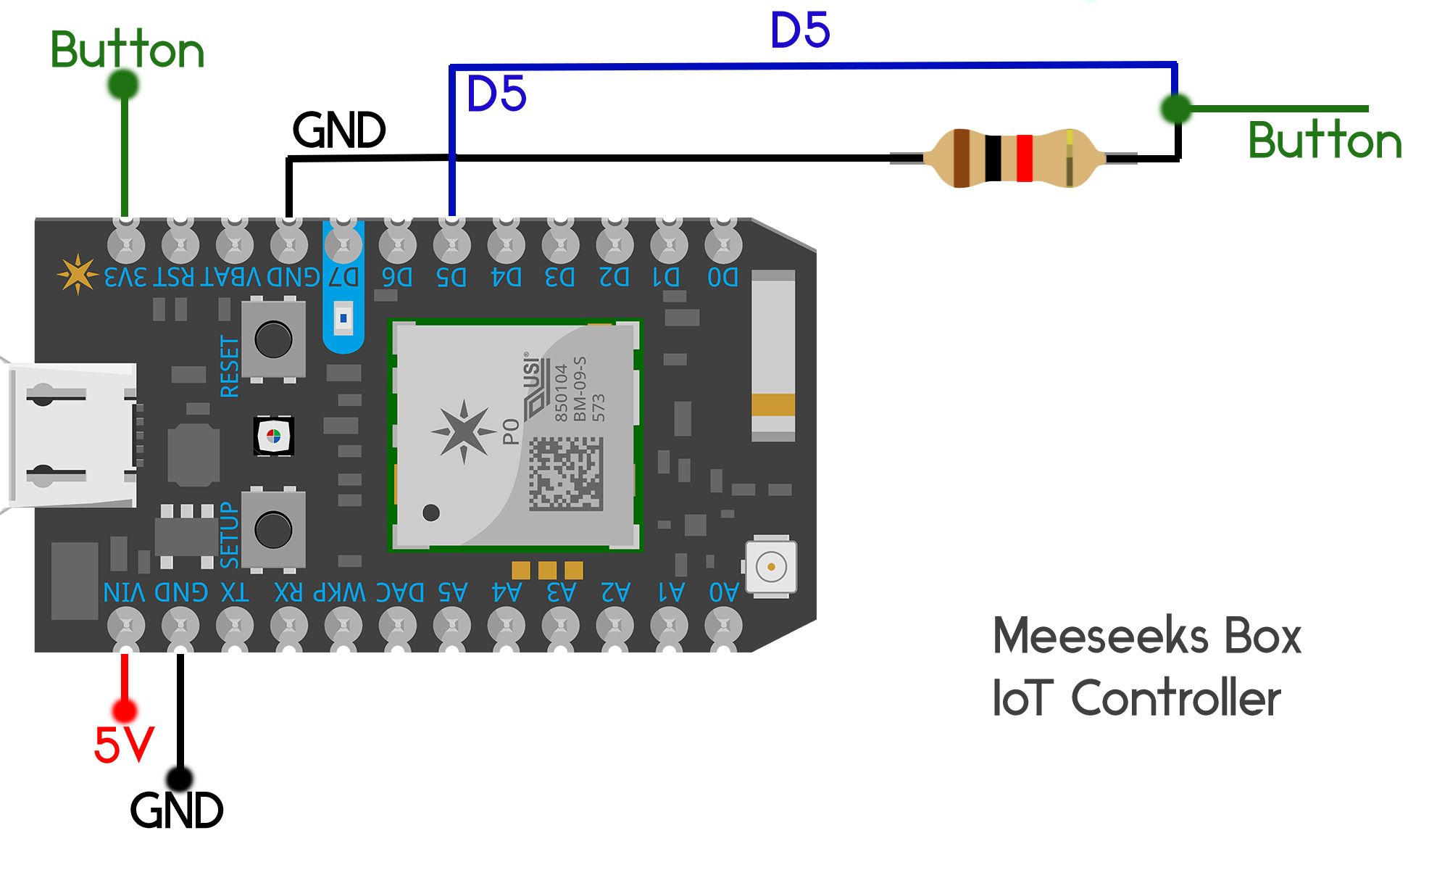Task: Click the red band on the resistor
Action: click(1024, 158)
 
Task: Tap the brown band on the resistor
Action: click(962, 158)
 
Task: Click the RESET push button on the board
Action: click(273, 338)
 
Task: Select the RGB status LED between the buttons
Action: click(273, 436)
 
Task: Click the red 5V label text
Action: click(124, 745)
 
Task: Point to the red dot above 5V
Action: click(125, 710)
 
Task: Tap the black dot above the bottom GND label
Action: click(179, 779)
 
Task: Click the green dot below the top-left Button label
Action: click(123, 85)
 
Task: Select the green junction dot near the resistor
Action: click(1175, 109)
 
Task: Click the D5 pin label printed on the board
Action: click(451, 277)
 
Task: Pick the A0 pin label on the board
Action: click(723, 592)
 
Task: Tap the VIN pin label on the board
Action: click(125, 592)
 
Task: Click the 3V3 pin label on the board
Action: click(125, 277)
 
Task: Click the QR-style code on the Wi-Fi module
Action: click(565, 473)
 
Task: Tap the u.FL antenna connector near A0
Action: click(771, 567)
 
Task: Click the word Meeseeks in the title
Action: click(1100, 636)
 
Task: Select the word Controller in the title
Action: click(1175, 698)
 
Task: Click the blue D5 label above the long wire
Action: click(799, 30)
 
